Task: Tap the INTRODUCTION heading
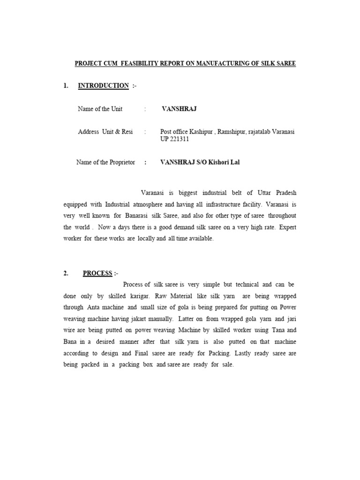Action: (x=103, y=86)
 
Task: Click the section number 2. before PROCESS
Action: (x=67, y=273)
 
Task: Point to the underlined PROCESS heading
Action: (x=97, y=273)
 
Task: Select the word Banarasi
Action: (x=140, y=216)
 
